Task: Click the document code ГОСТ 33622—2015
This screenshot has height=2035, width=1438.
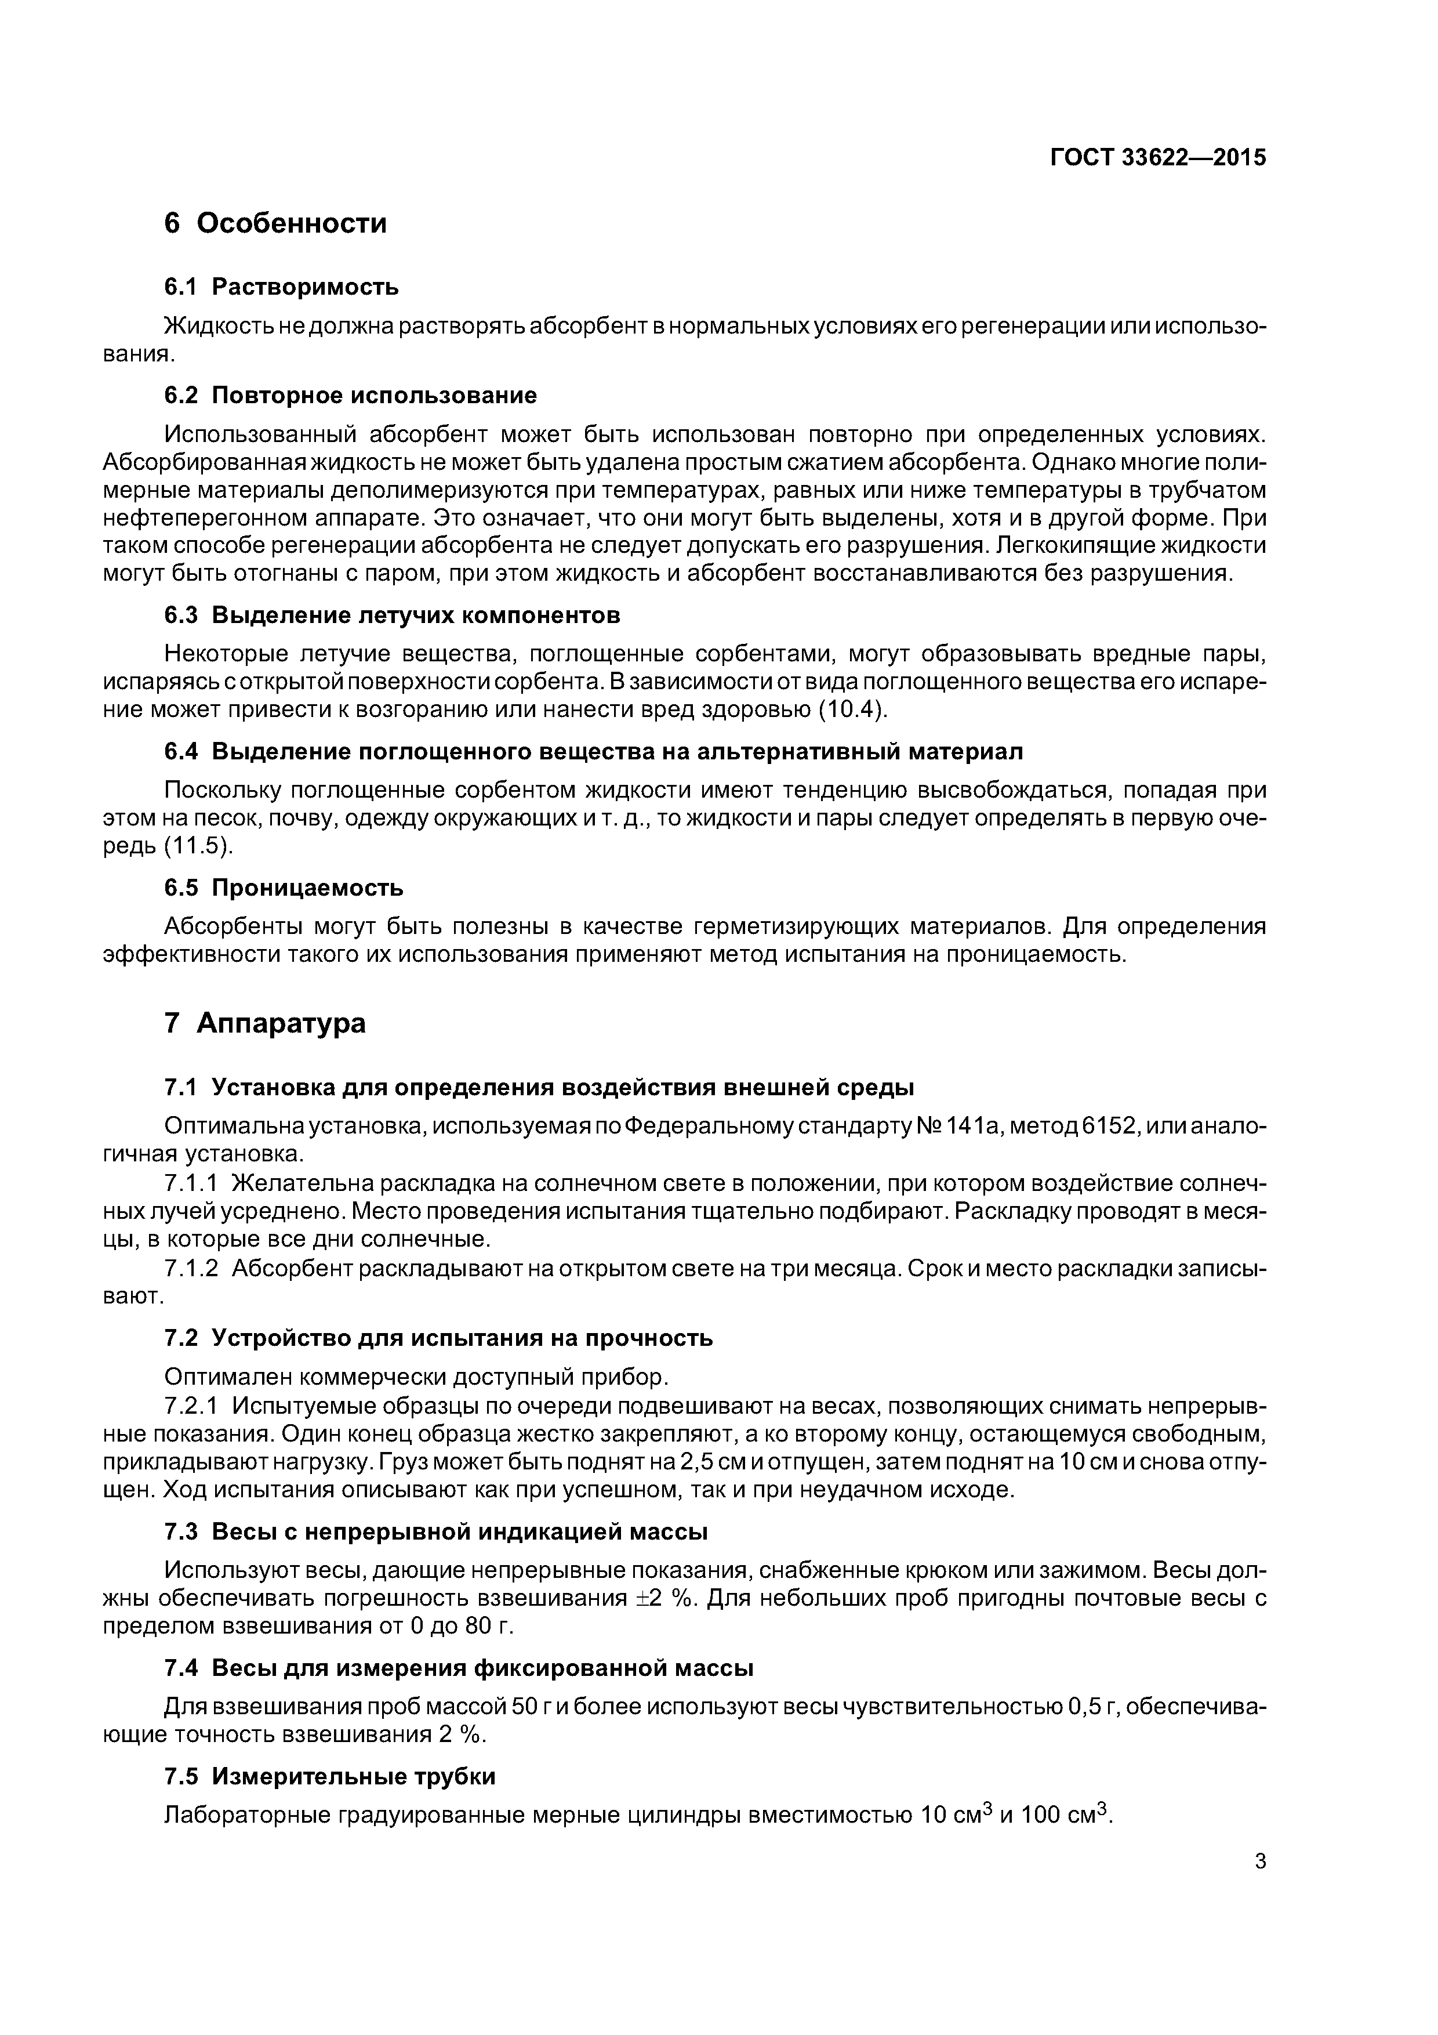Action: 1158,158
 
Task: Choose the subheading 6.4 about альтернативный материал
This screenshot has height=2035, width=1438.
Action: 594,752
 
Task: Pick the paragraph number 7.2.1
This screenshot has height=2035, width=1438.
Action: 191,1407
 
